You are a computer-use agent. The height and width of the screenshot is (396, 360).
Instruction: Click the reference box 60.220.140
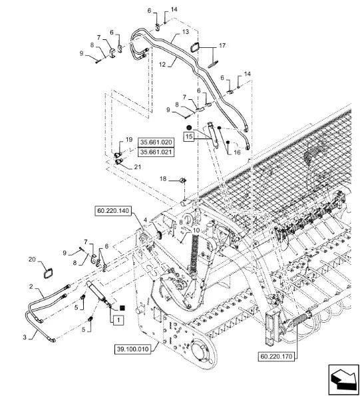[x=113, y=211]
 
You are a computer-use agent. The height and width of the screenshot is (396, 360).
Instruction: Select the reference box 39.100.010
[x=133, y=349]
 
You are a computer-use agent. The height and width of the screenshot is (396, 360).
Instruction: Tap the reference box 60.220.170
[x=276, y=356]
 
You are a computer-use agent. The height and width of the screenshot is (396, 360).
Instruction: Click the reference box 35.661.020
[x=156, y=142]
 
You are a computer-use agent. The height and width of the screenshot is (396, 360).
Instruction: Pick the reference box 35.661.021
[x=156, y=152]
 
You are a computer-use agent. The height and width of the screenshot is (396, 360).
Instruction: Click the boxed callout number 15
[x=189, y=136]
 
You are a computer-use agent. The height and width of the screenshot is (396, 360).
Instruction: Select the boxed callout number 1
[x=118, y=320]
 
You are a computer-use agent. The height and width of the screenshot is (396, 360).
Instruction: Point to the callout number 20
[x=32, y=260]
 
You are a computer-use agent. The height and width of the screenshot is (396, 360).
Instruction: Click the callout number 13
[x=186, y=32]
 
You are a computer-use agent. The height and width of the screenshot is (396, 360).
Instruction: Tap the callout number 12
[x=162, y=65]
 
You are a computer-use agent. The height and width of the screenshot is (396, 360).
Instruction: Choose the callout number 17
[x=222, y=46]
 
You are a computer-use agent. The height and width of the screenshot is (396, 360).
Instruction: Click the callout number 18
[x=163, y=179]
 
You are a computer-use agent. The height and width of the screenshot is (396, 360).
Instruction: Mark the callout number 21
[x=138, y=167]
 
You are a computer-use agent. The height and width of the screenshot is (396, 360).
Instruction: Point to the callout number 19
[x=129, y=140]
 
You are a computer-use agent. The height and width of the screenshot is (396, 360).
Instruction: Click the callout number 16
[x=238, y=152]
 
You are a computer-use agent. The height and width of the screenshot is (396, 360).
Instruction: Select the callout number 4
[x=145, y=220]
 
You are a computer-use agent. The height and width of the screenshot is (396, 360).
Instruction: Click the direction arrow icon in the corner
[x=344, y=377]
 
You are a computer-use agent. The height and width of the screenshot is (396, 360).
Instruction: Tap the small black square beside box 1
[x=122, y=308]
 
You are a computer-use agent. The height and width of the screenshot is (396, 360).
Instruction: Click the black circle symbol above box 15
[x=189, y=127]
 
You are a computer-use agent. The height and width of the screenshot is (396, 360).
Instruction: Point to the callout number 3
[x=25, y=337]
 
